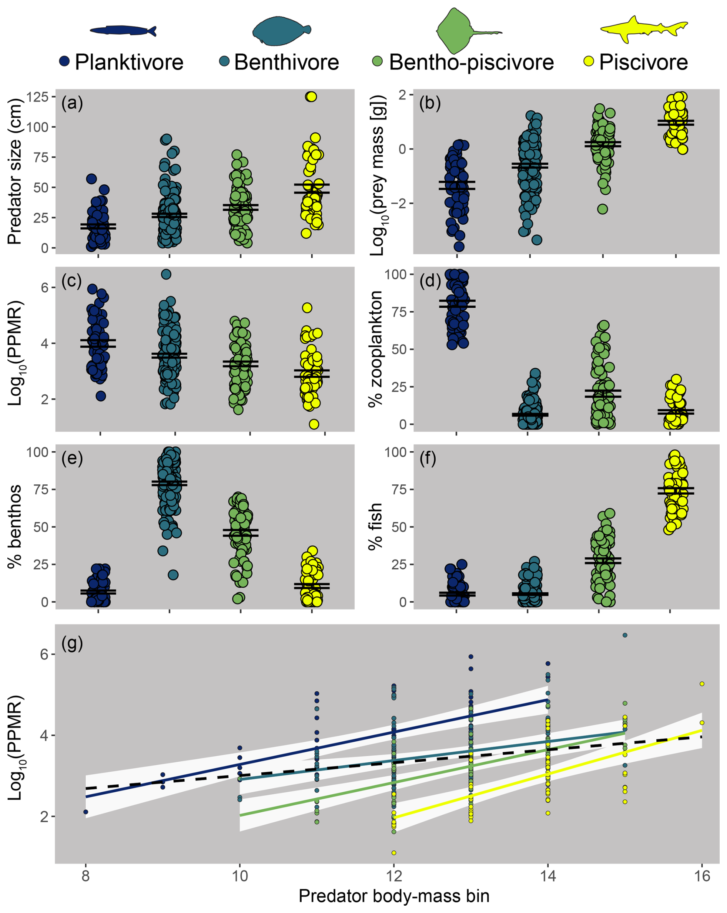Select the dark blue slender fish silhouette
tap(123, 30)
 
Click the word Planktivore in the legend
tap(129, 62)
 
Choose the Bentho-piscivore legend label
tap(471, 62)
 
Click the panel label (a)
tap(72, 103)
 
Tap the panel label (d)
tap(430, 280)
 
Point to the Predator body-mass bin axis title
tap(393, 896)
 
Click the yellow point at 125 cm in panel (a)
tap(311, 96)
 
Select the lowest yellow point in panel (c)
tap(314, 424)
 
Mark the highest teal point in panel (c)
tap(166, 274)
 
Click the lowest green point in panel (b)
tap(603, 209)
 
